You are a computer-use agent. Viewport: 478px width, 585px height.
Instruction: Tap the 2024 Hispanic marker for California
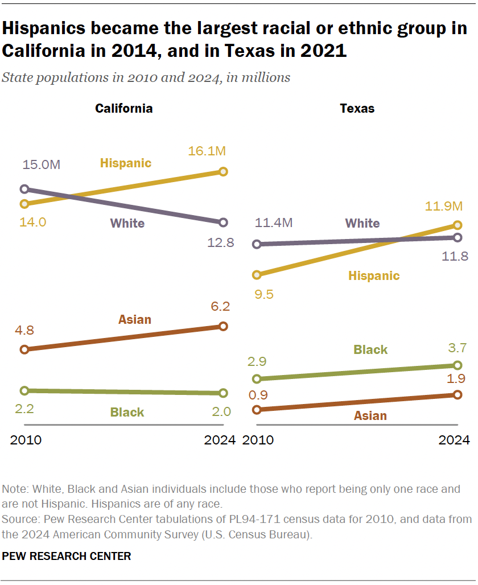point(223,171)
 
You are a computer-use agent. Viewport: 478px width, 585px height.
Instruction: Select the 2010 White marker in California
point(24,189)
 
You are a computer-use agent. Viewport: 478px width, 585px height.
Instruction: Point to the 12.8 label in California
point(221,243)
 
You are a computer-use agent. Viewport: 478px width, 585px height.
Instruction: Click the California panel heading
point(123,108)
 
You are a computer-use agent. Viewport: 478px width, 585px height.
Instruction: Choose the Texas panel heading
point(357,108)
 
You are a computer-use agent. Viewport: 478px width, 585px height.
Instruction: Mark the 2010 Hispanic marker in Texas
point(257,275)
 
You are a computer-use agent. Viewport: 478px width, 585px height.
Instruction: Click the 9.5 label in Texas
point(265,295)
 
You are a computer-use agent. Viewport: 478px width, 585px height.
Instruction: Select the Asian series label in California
point(135,319)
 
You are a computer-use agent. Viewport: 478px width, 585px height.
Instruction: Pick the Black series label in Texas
point(370,349)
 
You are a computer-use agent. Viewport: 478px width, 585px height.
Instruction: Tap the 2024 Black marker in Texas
point(458,365)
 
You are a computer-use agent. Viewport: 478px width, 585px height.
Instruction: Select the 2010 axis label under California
point(26,440)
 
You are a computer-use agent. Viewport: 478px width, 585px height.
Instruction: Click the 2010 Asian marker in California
point(24,349)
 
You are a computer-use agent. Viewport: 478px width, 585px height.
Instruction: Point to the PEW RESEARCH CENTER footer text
point(67,556)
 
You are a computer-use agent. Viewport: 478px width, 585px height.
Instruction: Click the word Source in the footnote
point(18,519)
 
